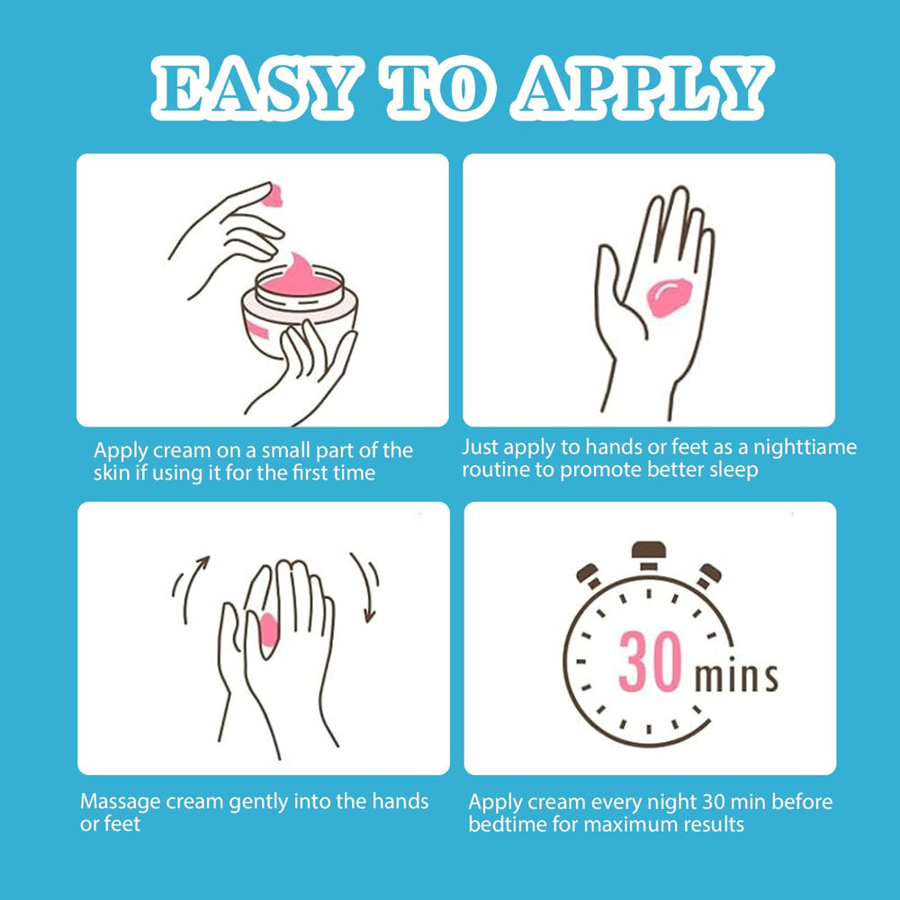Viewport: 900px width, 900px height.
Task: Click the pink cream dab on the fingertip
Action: [271, 193]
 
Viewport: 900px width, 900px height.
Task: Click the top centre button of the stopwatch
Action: [648, 553]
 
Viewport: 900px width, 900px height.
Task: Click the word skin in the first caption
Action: [112, 472]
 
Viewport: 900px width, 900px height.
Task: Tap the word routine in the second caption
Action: [497, 470]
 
